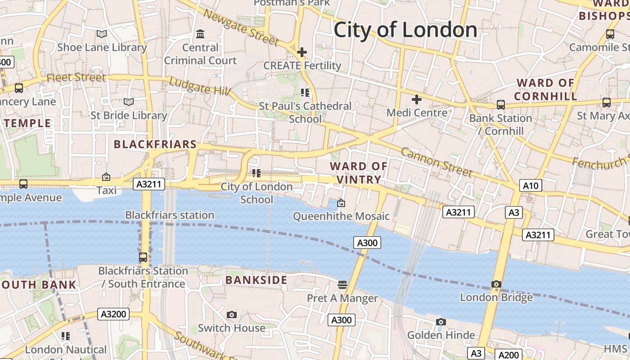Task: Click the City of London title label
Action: point(405,30)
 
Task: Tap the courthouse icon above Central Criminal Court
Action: point(200,34)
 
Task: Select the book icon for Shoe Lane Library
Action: point(102,34)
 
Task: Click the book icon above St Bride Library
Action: point(129,102)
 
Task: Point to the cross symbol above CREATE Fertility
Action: point(301,52)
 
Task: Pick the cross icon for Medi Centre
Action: point(417,99)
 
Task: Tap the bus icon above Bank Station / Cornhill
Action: point(500,105)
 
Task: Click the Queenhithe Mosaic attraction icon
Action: point(341,203)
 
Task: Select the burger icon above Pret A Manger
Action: point(342,284)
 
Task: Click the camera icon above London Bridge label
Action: point(496,284)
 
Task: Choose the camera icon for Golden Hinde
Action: point(441,322)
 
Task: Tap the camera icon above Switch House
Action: point(232,315)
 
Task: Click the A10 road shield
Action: point(531,185)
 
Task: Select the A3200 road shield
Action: point(113,314)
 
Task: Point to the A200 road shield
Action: point(509,355)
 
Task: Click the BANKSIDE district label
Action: point(256,280)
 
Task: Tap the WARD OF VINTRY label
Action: point(359,173)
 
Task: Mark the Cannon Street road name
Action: point(436,162)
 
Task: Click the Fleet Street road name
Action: point(76,77)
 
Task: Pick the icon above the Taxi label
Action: point(106,177)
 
